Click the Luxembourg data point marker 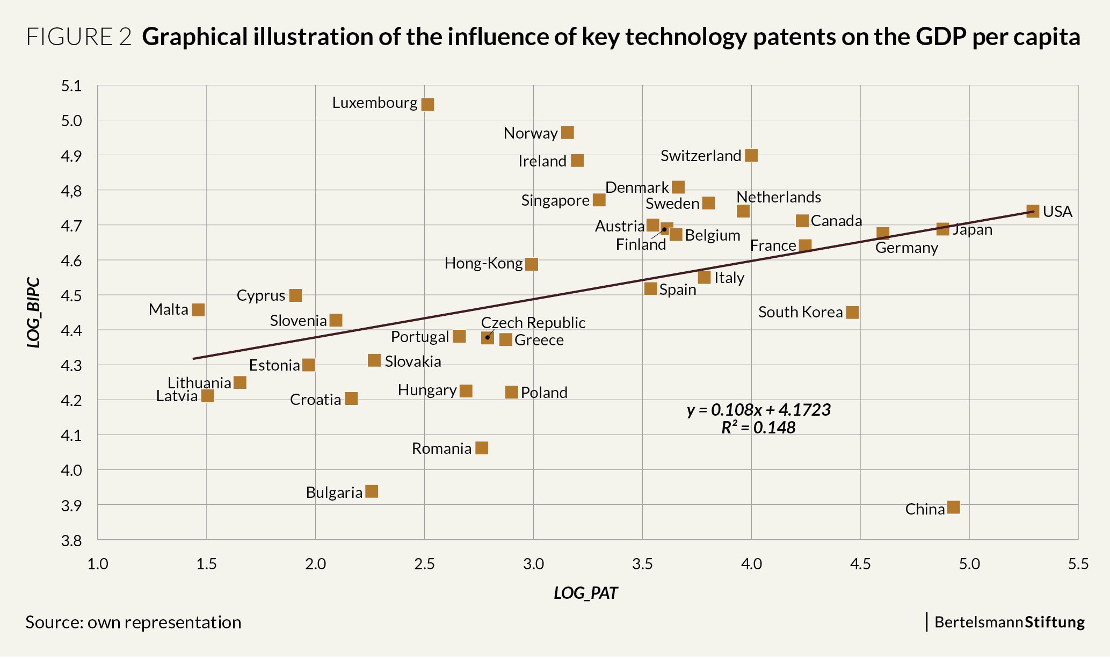tap(427, 104)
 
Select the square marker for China tap(953, 507)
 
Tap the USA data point tap(1032, 211)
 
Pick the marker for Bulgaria tap(372, 491)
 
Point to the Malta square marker tap(198, 310)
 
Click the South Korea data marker tap(852, 313)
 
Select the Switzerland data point tap(751, 156)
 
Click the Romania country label tap(441, 448)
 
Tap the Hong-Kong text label tap(483, 264)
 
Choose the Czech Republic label tap(533, 323)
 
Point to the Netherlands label tap(779, 197)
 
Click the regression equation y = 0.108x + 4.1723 tap(759, 410)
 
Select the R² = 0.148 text tap(758, 428)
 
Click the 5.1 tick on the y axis tap(71, 86)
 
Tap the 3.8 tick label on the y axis tap(71, 540)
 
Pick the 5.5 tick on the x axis tap(1078, 564)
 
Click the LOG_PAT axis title tap(586, 593)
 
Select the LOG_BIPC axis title tap(34, 313)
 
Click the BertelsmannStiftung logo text tap(1010, 622)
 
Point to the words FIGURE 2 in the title tap(78, 37)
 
